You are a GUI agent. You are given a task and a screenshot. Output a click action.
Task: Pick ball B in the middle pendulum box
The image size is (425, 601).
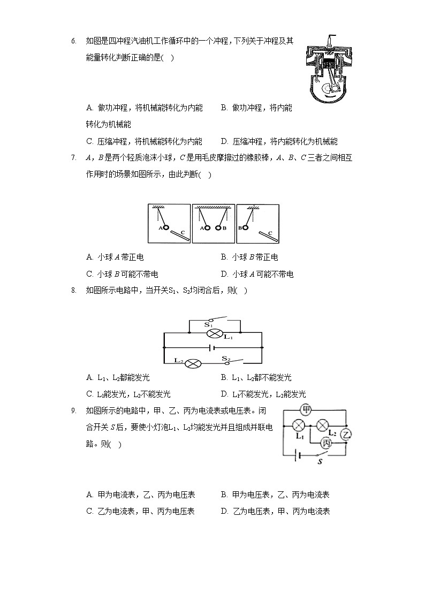click(x=218, y=227)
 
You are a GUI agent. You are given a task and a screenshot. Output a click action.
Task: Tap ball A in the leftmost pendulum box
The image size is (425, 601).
click(x=166, y=227)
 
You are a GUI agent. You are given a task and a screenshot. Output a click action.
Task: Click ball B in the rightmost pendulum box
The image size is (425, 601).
click(x=246, y=227)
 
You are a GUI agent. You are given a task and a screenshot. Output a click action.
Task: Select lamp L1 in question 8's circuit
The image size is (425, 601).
click(x=215, y=333)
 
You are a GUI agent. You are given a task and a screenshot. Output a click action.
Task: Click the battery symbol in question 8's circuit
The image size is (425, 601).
click(x=214, y=348)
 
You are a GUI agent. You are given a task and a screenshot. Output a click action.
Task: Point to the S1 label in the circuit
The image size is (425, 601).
click(x=208, y=324)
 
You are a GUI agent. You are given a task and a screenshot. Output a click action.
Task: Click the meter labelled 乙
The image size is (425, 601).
click(x=346, y=434)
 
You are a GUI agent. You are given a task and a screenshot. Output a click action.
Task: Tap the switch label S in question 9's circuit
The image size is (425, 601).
click(x=320, y=461)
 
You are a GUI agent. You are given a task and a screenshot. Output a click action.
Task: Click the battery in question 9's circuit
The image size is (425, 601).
click(x=299, y=455)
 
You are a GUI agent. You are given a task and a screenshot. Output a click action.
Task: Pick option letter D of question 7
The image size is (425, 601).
click(x=224, y=275)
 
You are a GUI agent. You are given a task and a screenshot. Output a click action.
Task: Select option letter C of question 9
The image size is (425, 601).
click(x=89, y=511)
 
